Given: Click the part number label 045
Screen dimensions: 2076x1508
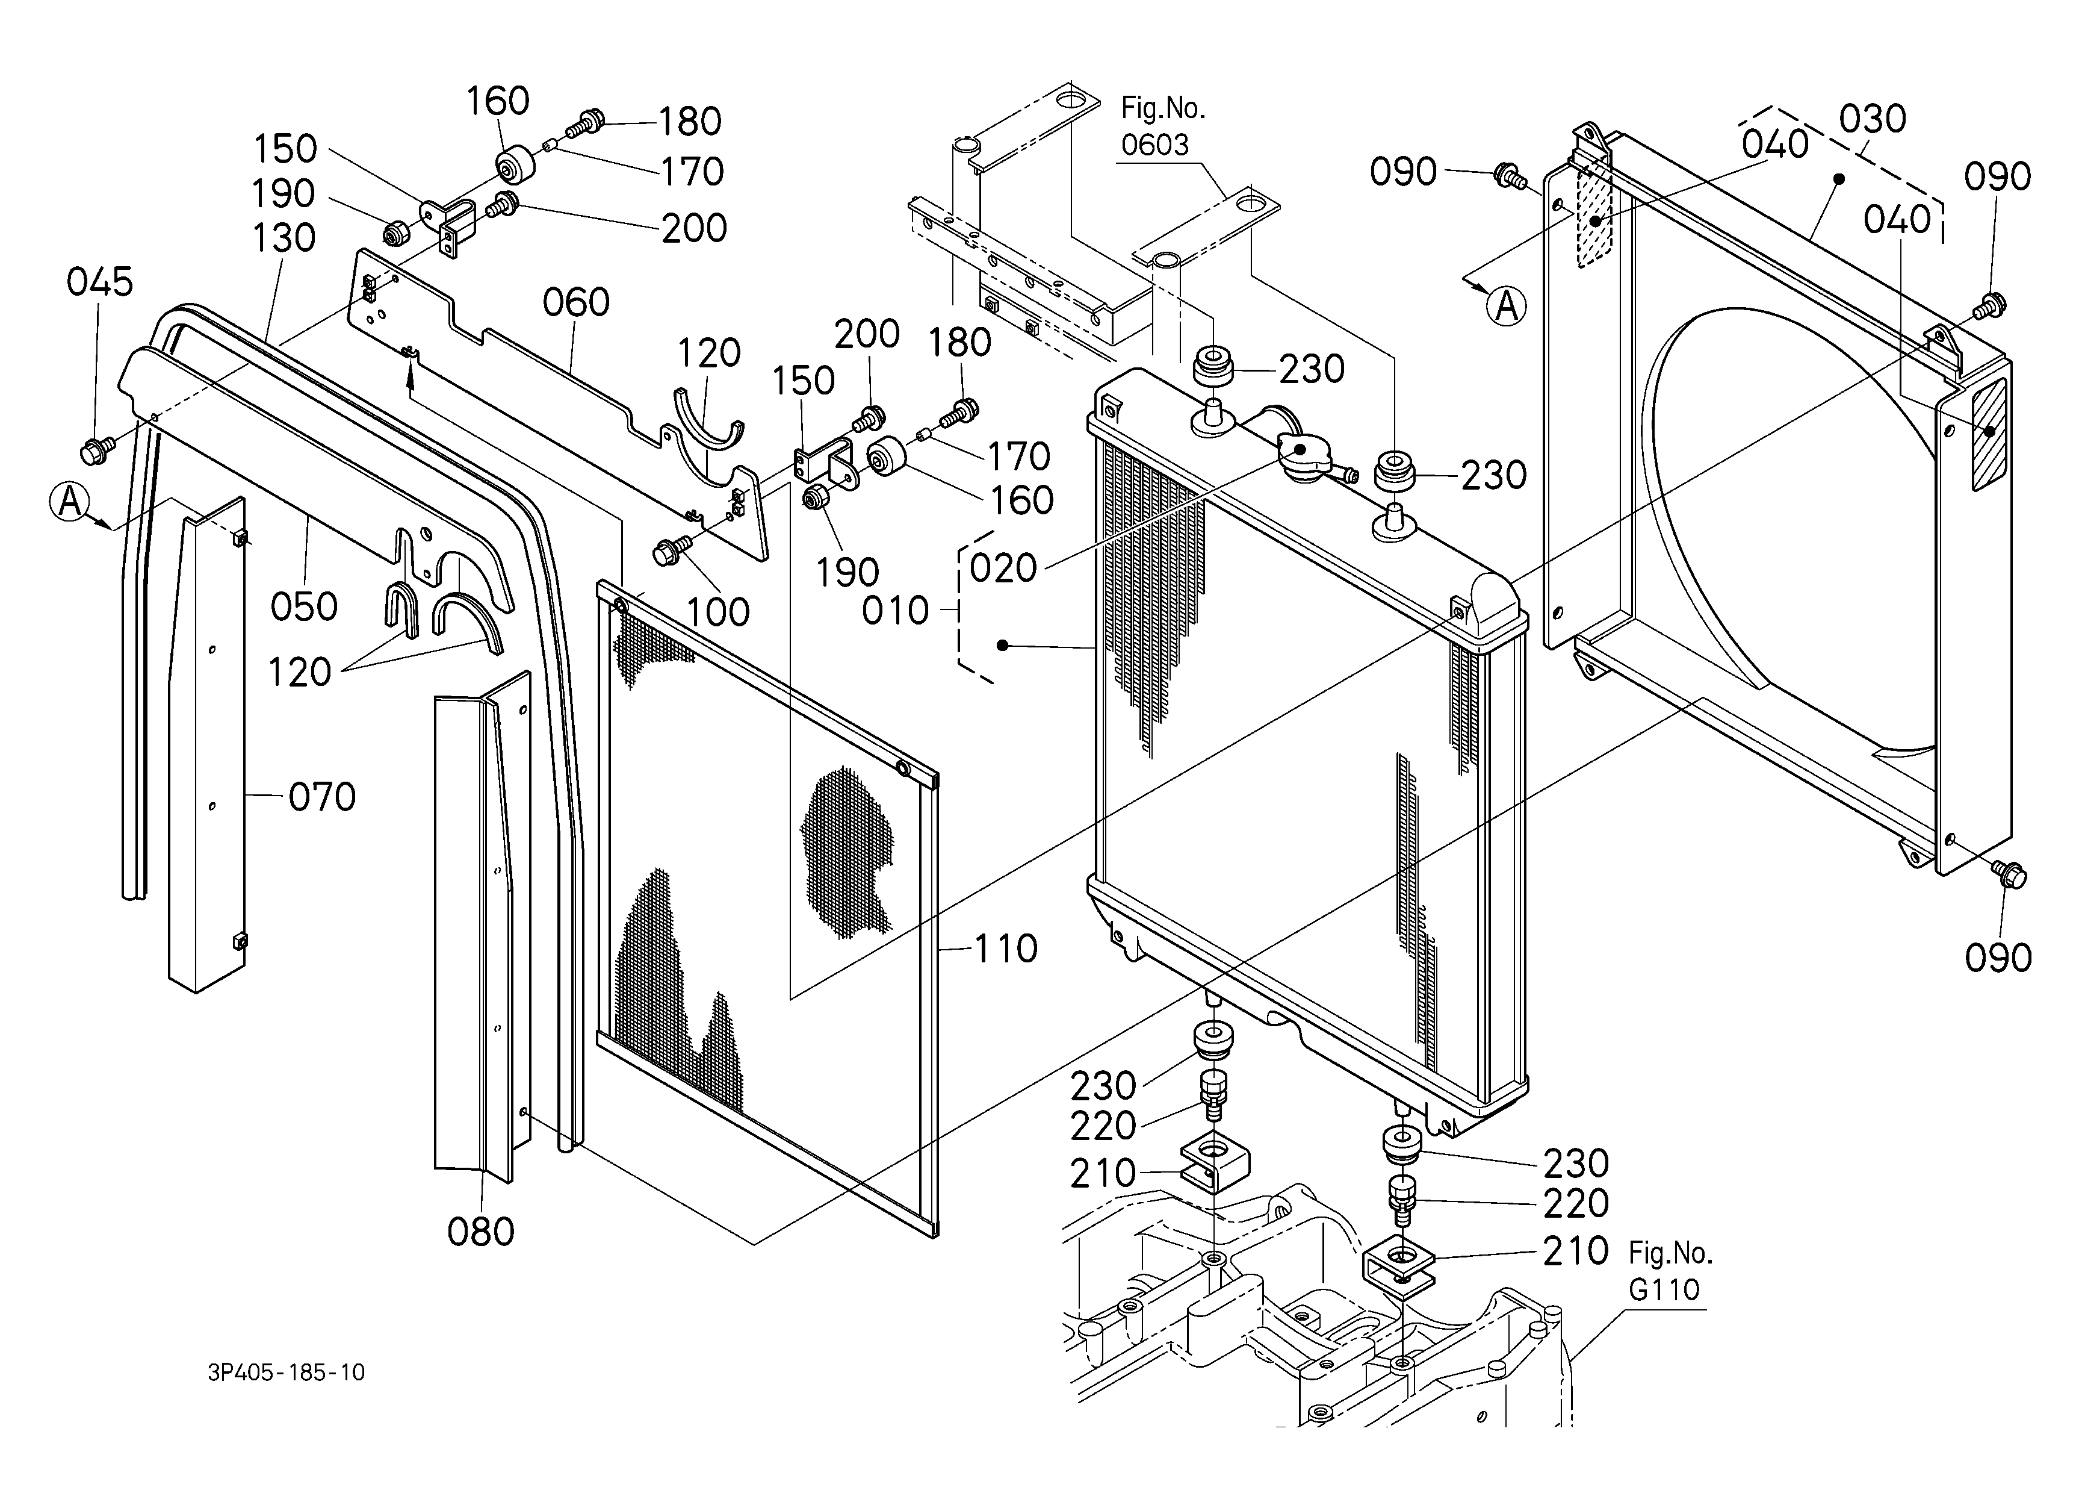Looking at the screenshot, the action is [x=100, y=282].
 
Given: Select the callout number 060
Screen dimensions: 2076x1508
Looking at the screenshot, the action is [x=576, y=302].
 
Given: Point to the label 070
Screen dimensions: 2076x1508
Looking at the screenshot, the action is [x=322, y=797].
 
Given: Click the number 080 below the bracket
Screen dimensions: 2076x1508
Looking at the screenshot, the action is [x=480, y=1232].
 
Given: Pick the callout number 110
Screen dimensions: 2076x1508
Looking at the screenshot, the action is [x=1006, y=949].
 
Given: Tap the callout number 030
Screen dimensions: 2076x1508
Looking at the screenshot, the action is [x=1872, y=119].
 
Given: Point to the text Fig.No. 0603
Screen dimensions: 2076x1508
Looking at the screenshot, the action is [x=1162, y=126].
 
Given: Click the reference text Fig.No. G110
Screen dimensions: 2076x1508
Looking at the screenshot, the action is [x=1670, y=1271].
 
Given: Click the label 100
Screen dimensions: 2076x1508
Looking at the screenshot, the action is [x=719, y=612].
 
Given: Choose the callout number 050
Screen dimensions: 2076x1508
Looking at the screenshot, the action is [x=304, y=606].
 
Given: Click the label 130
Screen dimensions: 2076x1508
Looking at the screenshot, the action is [x=284, y=238].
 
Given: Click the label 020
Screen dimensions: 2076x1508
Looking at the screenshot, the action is [x=1003, y=569].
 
